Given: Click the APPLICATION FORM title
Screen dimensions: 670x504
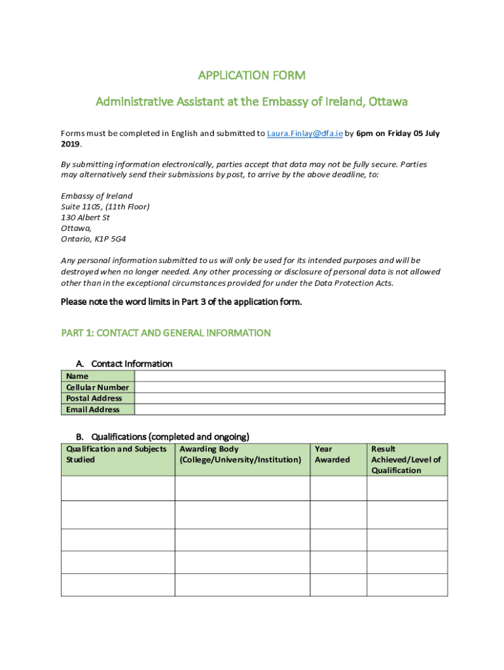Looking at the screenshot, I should (x=251, y=75).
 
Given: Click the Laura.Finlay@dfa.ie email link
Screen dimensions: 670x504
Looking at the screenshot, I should (x=304, y=133).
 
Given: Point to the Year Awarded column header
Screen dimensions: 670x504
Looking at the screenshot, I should (x=333, y=454).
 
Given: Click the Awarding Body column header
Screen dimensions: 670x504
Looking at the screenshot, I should (x=240, y=454).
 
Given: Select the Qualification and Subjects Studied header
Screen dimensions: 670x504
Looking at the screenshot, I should (x=117, y=454).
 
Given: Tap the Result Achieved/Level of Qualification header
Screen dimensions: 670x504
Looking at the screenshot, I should (x=406, y=459).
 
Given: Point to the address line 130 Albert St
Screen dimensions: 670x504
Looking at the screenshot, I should (x=85, y=217).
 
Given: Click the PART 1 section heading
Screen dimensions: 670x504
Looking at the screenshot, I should (x=166, y=333).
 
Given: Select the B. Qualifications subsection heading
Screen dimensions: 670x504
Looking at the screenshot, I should (x=163, y=436).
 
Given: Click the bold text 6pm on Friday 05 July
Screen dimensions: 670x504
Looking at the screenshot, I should (x=398, y=133).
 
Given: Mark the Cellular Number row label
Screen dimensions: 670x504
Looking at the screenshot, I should (x=97, y=387).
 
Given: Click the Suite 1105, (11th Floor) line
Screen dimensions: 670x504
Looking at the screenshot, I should (x=105, y=207).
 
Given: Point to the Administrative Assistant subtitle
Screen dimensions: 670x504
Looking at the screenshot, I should (x=251, y=102).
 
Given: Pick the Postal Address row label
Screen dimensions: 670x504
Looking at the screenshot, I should (x=94, y=398).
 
